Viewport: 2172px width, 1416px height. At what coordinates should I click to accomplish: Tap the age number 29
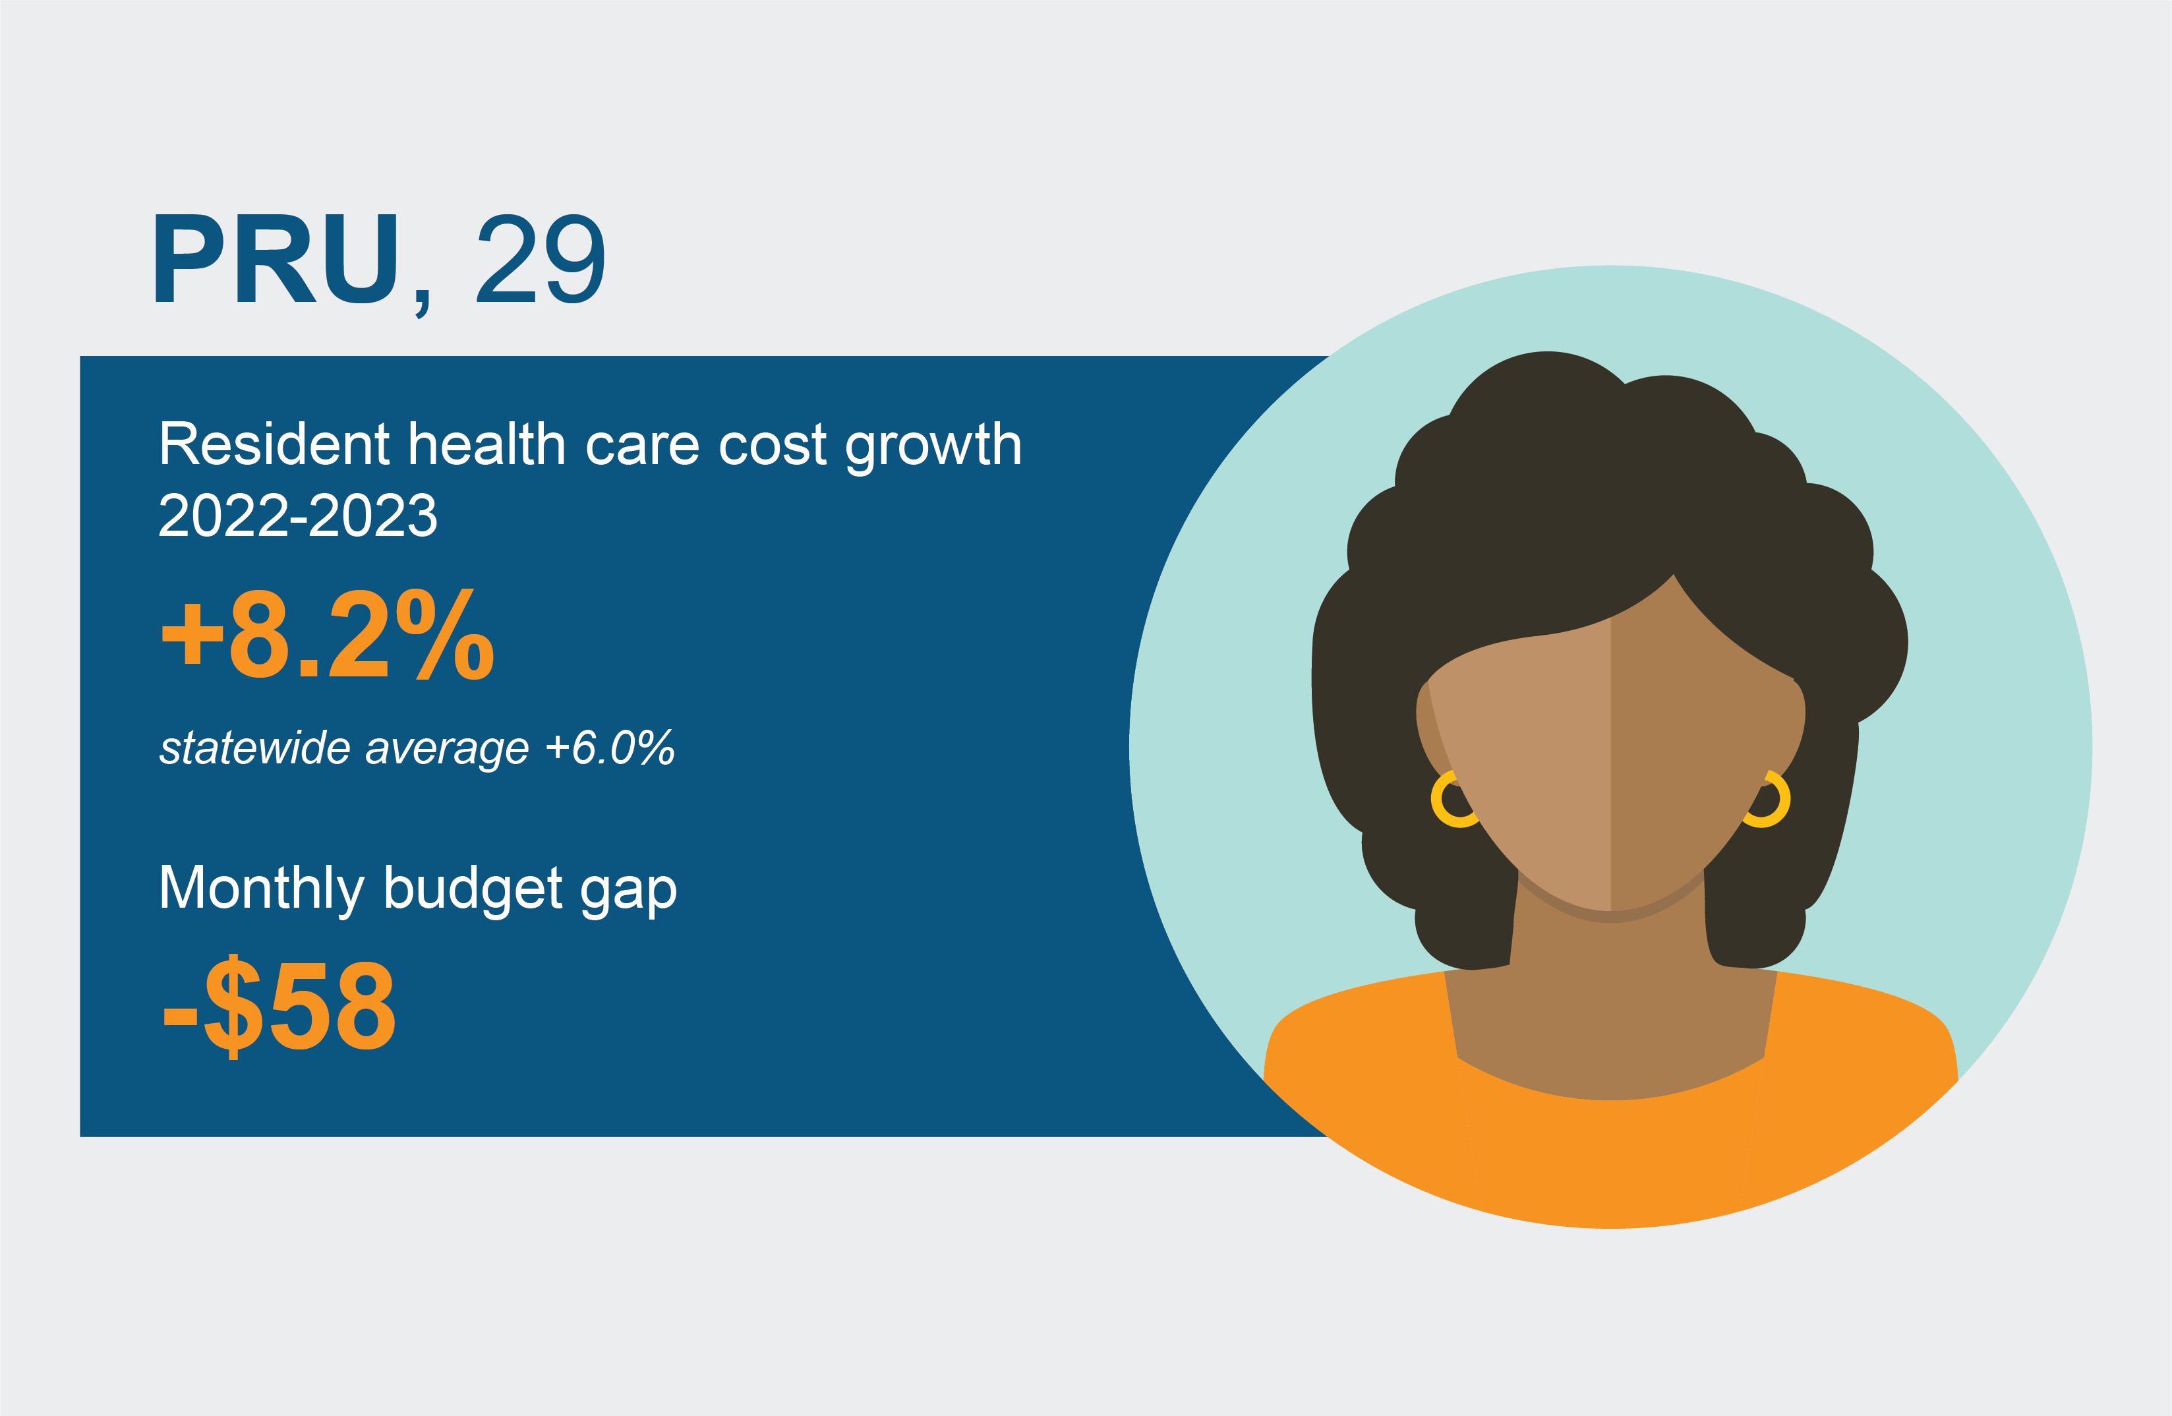point(541,258)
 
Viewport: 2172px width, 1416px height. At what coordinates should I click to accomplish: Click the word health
point(486,444)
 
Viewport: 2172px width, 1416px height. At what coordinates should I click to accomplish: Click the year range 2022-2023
point(297,516)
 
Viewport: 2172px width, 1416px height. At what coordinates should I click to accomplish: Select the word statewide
point(254,748)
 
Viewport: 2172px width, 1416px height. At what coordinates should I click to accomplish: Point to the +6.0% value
point(610,748)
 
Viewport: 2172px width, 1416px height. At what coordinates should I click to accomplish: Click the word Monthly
point(261,889)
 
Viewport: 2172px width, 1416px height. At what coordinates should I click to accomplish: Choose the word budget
point(473,889)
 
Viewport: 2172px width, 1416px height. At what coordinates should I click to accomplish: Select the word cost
point(772,445)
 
